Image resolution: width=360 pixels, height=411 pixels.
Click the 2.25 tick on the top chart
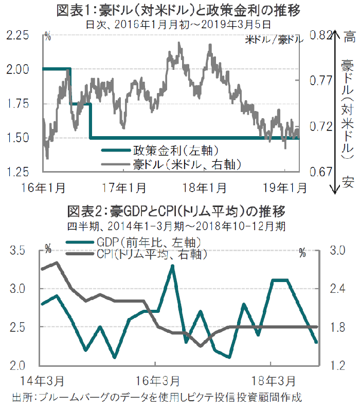[19, 36]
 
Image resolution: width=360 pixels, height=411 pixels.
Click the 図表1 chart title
[179, 10]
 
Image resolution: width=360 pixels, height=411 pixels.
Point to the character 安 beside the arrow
[348, 180]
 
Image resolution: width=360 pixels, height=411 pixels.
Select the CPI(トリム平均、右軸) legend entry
[152, 254]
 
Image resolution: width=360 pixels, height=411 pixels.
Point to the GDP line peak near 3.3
[172, 266]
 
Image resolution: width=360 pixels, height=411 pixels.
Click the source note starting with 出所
[156, 398]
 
